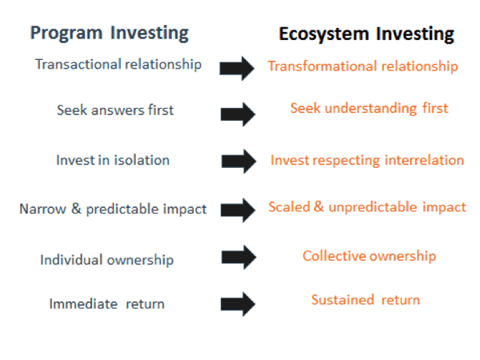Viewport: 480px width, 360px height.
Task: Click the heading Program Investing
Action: [x=110, y=33]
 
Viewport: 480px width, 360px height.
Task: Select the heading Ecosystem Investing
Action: [x=366, y=34]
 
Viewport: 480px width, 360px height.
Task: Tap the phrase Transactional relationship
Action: [x=118, y=65]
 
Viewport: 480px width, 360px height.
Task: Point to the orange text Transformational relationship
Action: [x=362, y=66]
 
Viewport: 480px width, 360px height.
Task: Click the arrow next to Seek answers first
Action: [x=238, y=114]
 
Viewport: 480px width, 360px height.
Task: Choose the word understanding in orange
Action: [x=370, y=108]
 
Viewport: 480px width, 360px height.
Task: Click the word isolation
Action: [x=142, y=160]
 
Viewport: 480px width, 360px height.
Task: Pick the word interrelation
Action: [x=424, y=160]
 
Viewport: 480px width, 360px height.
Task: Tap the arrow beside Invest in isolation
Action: [x=238, y=162]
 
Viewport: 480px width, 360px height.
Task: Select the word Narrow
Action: [x=42, y=209]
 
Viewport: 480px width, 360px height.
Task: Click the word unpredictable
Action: [x=373, y=207]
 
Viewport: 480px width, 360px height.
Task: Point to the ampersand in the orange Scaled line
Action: [x=318, y=206]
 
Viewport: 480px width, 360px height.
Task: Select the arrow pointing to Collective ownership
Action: [x=238, y=257]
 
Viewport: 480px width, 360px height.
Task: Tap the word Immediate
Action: [x=83, y=304]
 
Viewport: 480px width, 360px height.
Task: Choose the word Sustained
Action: [x=342, y=300]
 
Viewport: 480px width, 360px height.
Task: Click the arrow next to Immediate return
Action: [x=238, y=304]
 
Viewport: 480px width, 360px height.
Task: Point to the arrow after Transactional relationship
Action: [x=237, y=68]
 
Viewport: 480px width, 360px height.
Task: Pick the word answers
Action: [x=118, y=110]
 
